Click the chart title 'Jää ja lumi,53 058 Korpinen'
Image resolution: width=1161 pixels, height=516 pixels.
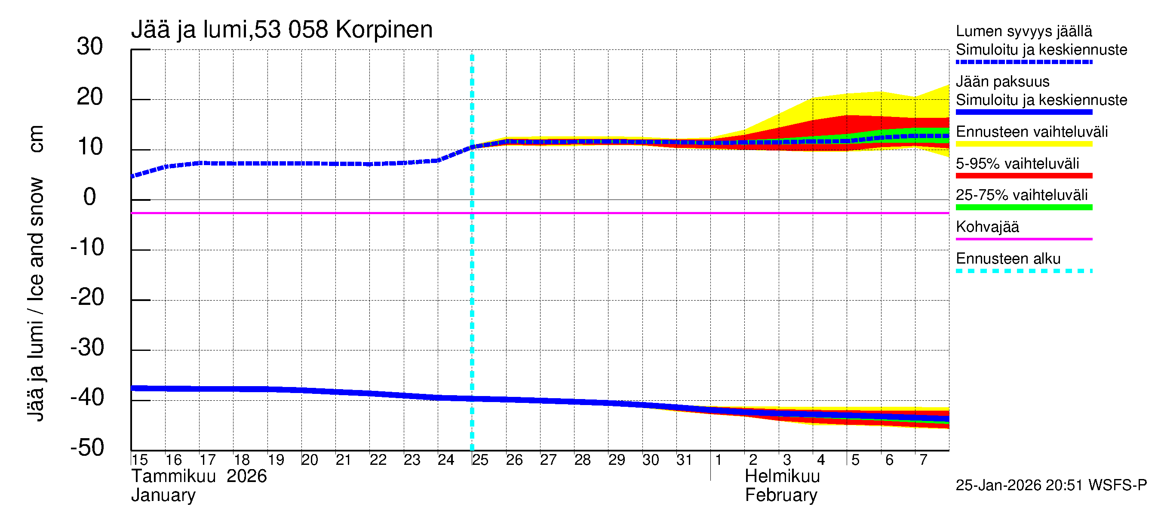click(x=282, y=30)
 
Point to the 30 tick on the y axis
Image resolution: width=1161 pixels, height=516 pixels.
click(x=90, y=47)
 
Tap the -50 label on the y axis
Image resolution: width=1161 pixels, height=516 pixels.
click(x=87, y=448)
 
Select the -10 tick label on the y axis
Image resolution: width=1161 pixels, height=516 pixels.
click(x=87, y=247)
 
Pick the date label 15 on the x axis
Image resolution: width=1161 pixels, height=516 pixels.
click(x=140, y=460)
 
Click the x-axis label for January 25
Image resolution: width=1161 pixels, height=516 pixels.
click(x=480, y=460)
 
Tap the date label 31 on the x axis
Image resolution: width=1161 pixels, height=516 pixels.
click(x=684, y=460)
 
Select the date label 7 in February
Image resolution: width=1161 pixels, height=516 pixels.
click(x=923, y=460)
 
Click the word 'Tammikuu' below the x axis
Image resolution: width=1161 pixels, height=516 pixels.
click(x=174, y=476)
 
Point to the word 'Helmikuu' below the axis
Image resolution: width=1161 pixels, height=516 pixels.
click(x=782, y=476)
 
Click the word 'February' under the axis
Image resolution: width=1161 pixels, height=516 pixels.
click(x=781, y=495)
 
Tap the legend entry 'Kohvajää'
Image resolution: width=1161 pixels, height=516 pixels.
click(x=987, y=227)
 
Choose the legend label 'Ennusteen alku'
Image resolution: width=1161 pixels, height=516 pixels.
click(x=1008, y=259)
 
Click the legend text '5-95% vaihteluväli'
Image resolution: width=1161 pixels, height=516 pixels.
click(x=1017, y=163)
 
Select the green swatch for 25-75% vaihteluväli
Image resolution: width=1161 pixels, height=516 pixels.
click(x=1023, y=207)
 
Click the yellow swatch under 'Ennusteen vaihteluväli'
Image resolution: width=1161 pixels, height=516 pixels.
click(x=1023, y=144)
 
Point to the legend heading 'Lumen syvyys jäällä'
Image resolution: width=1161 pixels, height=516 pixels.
click(x=1024, y=31)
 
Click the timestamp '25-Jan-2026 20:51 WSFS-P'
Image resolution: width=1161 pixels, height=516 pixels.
click(x=1051, y=485)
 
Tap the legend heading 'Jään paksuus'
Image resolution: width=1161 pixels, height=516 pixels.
click(x=1003, y=82)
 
